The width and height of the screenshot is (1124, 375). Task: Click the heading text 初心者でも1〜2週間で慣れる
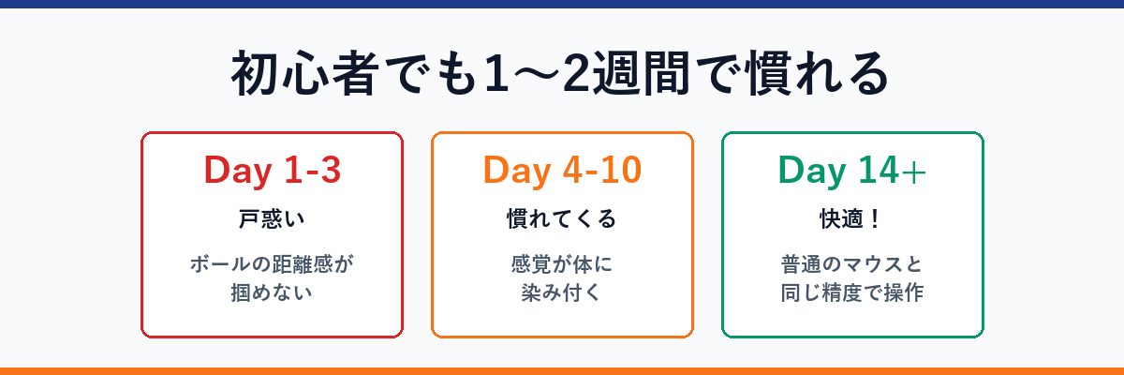click(x=559, y=76)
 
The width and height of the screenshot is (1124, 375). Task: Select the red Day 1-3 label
click(x=272, y=171)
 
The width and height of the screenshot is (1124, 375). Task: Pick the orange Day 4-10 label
click(x=562, y=171)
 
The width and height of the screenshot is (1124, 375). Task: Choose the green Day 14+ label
click(x=852, y=171)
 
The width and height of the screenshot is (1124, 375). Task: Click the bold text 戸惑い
click(x=272, y=219)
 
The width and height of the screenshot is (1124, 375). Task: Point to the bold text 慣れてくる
click(x=562, y=219)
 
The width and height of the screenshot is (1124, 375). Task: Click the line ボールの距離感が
click(x=272, y=264)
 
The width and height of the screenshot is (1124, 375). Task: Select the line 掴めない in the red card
click(x=272, y=292)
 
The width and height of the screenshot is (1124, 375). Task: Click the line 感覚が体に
click(x=562, y=264)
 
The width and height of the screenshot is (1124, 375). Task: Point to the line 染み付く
click(x=562, y=292)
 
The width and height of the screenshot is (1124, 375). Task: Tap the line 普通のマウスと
click(x=852, y=264)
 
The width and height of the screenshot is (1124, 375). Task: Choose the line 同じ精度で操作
click(x=852, y=292)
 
